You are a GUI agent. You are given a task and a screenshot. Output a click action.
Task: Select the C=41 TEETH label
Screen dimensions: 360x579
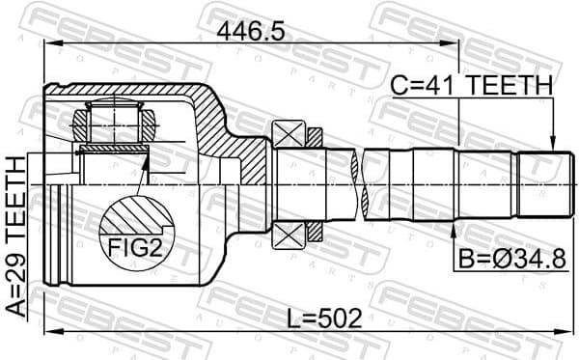click(472, 87)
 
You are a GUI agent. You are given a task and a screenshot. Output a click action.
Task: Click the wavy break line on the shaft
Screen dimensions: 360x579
click(364, 183)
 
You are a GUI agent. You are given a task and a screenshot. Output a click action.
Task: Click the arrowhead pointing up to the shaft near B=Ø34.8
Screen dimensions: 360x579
click(455, 228)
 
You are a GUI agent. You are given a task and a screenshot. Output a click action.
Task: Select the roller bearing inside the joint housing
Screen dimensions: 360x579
click(114, 124)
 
